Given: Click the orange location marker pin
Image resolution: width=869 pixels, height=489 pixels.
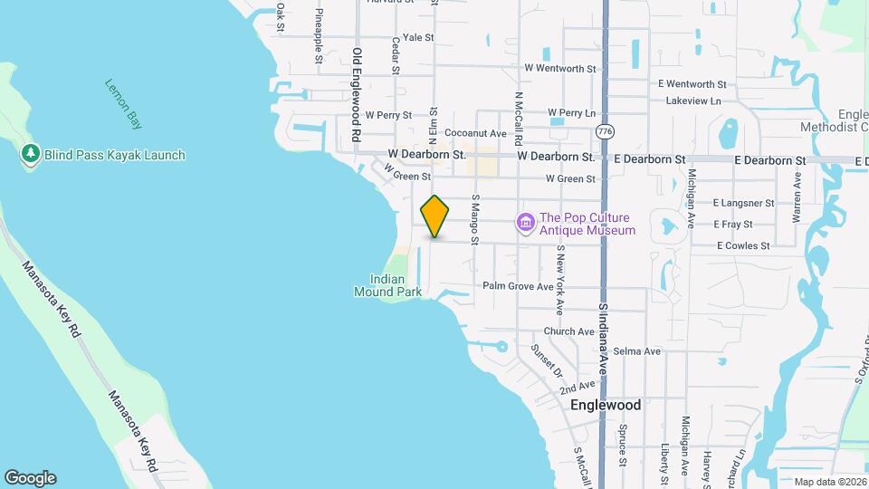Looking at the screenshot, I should click(435, 216).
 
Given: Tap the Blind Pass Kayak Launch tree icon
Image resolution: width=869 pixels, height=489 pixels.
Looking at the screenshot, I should click(31, 155).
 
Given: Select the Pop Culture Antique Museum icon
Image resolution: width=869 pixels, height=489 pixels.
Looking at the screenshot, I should click(525, 223).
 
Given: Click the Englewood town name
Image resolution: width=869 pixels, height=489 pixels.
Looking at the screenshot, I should click(606, 405).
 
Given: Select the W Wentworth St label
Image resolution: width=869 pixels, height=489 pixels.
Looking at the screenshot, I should click(560, 68).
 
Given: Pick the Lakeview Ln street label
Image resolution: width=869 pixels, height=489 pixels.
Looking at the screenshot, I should click(692, 101).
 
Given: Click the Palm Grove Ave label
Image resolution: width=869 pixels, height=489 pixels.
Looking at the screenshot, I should click(517, 286).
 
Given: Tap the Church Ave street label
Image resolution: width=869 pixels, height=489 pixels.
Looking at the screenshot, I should click(568, 331).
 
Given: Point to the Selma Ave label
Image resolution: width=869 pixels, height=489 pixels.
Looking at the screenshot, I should click(636, 350).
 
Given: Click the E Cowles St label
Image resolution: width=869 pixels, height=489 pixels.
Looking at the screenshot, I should click(742, 245).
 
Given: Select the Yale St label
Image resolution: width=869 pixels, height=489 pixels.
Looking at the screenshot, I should click(419, 38).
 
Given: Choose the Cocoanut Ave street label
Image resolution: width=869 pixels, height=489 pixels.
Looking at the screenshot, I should click(475, 133).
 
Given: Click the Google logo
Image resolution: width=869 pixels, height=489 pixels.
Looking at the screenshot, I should click(30, 477).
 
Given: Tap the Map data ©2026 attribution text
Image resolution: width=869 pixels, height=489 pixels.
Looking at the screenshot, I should click(830, 482).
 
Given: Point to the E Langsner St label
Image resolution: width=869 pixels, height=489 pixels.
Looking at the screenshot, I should click(743, 204).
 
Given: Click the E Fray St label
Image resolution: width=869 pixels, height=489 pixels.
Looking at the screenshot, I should click(740, 224).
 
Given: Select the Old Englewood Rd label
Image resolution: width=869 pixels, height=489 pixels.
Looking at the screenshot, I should click(357, 98).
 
